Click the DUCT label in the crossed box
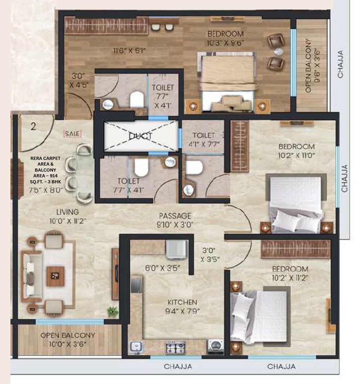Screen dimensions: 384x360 [x=140, y=136]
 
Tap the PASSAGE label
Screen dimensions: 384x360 [x=175, y=216]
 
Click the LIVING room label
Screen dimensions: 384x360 [x=65, y=212]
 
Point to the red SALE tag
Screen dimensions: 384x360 [x=72, y=133]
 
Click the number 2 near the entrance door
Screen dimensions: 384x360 [x=33, y=127]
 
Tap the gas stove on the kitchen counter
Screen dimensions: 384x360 [x=175, y=347]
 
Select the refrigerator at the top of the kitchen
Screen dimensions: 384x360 [x=176, y=249]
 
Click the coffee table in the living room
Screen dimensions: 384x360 [x=55, y=276]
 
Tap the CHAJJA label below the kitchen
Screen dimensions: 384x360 [x=177, y=367]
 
